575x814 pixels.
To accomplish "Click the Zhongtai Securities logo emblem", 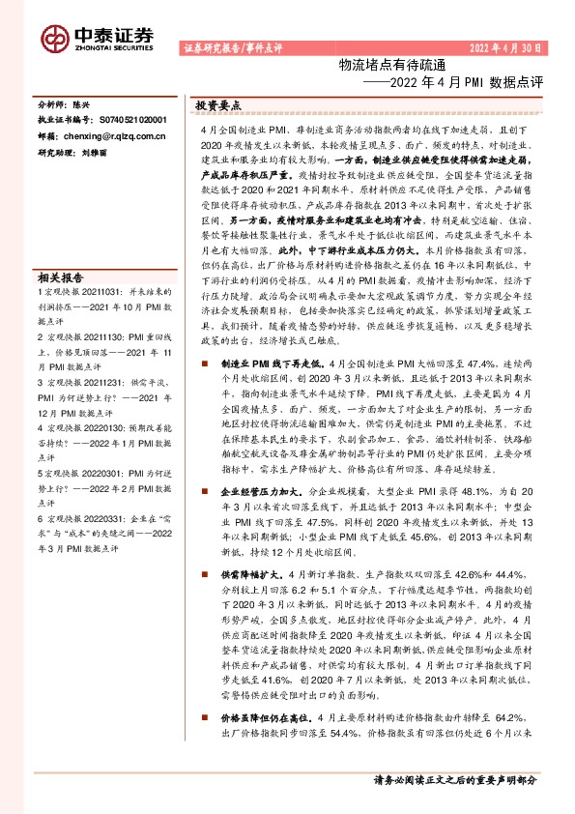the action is tap(54, 37).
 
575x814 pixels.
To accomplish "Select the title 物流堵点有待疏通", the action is tap(379, 65).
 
